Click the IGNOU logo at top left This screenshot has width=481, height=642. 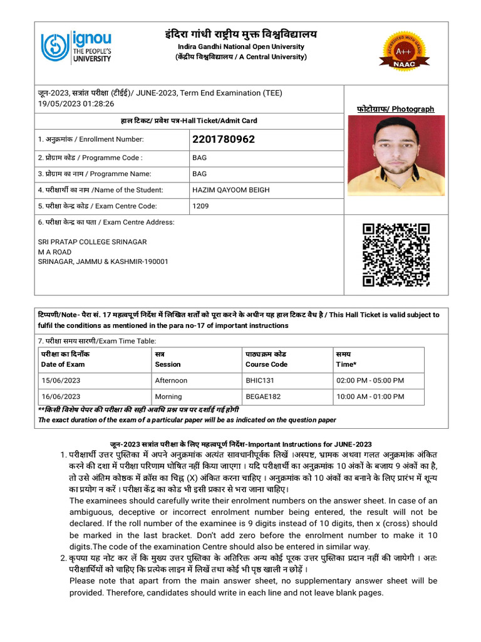click(x=76, y=48)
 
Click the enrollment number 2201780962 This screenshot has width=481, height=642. click(x=224, y=139)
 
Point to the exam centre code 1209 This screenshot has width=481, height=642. click(x=200, y=206)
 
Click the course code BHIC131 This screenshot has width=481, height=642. click(x=259, y=381)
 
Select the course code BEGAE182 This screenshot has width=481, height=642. click(x=263, y=397)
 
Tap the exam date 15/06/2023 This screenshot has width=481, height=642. click(x=61, y=381)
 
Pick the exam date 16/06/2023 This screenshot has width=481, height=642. click(x=61, y=397)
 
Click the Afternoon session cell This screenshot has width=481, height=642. click(x=171, y=381)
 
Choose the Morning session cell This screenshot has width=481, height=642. click(x=168, y=397)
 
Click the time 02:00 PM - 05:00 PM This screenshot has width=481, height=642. click(x=370, y=381)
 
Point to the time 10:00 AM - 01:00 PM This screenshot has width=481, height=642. click(x=370, y=397)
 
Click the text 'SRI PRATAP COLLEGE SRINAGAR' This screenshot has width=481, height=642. click(x=92, y=242)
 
